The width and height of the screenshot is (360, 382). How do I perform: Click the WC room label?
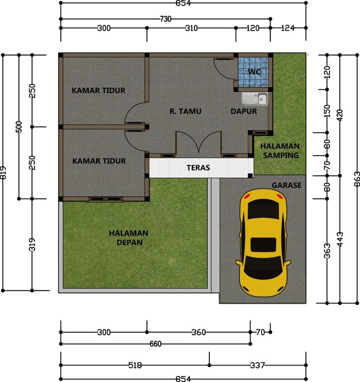click(x=255, y=72)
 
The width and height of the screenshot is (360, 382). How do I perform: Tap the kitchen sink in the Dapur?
click(x=255, y=99)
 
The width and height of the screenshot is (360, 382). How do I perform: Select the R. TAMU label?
click(x=186, y=111)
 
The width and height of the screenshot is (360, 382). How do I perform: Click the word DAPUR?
click(x=244, y=111)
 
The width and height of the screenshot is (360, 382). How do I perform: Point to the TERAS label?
click(x=198, y=168)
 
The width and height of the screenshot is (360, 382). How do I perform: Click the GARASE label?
click(x=286, y=185)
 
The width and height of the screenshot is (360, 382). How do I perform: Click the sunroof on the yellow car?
click(x=263, y=245)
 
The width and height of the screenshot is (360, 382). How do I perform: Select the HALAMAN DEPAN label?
click(x=129, y=238)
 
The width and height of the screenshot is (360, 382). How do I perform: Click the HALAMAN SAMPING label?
click(x=280, y=150)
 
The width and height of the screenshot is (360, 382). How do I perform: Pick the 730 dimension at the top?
click(x=166, y=19)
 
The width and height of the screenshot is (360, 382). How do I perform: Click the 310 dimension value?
click(x=191, y=28)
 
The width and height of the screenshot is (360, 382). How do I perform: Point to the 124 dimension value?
click(x=287, y=28)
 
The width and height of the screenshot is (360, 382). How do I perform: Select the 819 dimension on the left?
click(x=3, y=173)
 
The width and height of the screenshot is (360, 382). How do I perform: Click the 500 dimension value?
click(x=19, y=127)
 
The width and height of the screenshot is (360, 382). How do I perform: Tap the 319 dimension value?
click(x=32, y=245)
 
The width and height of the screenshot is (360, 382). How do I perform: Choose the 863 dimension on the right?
click(x=357, y=179)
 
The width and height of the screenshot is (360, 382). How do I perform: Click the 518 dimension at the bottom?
click(x=135, y=365)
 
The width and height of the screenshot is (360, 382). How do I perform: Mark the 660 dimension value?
click(x=155, y=344)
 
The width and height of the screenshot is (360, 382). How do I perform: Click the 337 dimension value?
click(x=257, y=365)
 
